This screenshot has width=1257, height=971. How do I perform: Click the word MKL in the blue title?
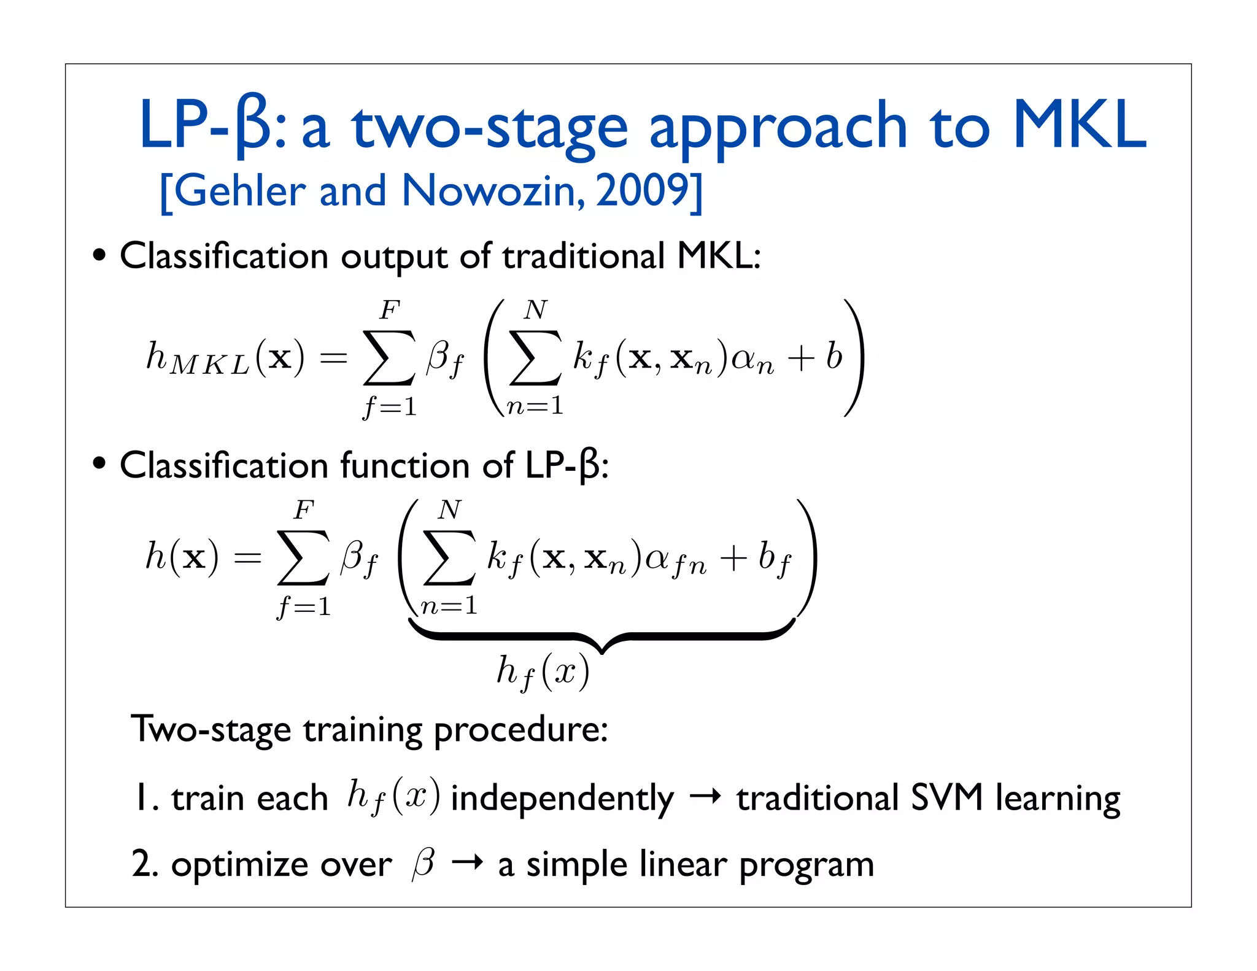click(x=1079, y=126)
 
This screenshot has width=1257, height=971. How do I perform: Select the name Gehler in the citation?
click(x=241, y=191)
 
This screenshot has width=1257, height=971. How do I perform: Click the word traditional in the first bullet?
click(x=583, y=256)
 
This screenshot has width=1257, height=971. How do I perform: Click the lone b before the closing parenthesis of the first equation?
click(x=833, y=356)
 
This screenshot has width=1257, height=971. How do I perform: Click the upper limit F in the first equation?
click(x=389, y=311)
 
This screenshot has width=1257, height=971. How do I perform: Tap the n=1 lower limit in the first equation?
click(x=535, y=406)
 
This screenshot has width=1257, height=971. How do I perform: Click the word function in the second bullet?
click(x=405, y=465)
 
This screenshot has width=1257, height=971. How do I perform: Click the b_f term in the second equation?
click(x=775, y=559)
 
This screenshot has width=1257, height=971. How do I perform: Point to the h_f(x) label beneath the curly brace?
click(x=543, y=673)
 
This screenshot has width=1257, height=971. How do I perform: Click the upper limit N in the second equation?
click(x=449, y=510)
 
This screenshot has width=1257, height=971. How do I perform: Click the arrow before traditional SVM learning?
click(x=705, y=797)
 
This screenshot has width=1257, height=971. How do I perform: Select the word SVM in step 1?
click(x=947, y=798)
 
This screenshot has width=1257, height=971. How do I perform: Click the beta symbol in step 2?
click(x=424, y=864)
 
